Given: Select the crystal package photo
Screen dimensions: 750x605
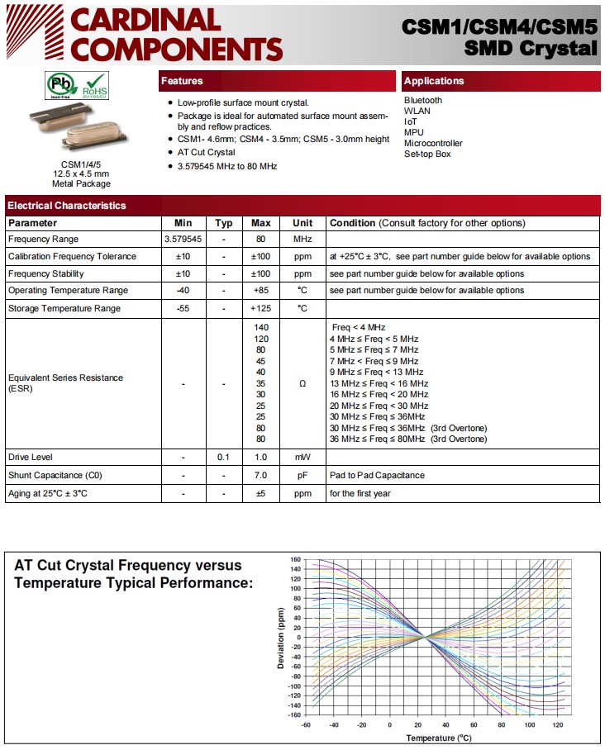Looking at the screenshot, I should [x=80, y=131].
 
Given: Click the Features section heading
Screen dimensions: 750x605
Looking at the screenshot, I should [x=182, y=81].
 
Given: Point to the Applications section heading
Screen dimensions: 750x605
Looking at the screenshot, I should [x=434, y=81].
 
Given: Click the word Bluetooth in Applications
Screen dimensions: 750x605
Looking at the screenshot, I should [x=423, y=100].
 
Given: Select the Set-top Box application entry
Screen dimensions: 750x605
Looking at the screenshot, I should [x=427, y=154].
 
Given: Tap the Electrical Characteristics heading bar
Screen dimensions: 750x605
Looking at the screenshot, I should [x=67, y=205].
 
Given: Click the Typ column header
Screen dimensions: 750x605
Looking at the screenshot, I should [x=224, y=223].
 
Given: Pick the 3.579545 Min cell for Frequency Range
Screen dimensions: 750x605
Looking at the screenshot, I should [x=183, y=240].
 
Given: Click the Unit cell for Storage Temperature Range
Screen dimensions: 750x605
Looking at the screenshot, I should [x=302, y=308].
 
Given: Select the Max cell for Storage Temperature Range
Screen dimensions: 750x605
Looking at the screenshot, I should [x=261, y=308].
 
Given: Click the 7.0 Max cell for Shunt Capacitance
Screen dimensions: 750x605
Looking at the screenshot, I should [x=261, y=475].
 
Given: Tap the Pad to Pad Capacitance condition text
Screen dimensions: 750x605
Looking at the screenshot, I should [x=376, y=475].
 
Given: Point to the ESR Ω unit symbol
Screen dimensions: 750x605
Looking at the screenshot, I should [x=302, y=383].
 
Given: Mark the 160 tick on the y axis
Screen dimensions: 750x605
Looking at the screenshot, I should [x=295, y=559].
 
